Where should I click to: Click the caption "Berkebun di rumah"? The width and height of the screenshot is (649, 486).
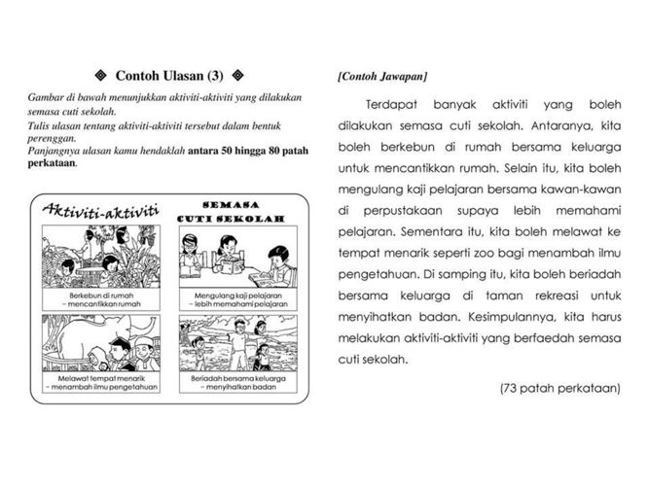100,294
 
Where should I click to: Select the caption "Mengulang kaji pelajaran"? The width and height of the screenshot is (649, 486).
230,294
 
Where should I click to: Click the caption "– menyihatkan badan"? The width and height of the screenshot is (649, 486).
231,388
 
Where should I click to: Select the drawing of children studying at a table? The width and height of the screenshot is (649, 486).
230,258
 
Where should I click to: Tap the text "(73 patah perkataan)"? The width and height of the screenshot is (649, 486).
559,389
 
